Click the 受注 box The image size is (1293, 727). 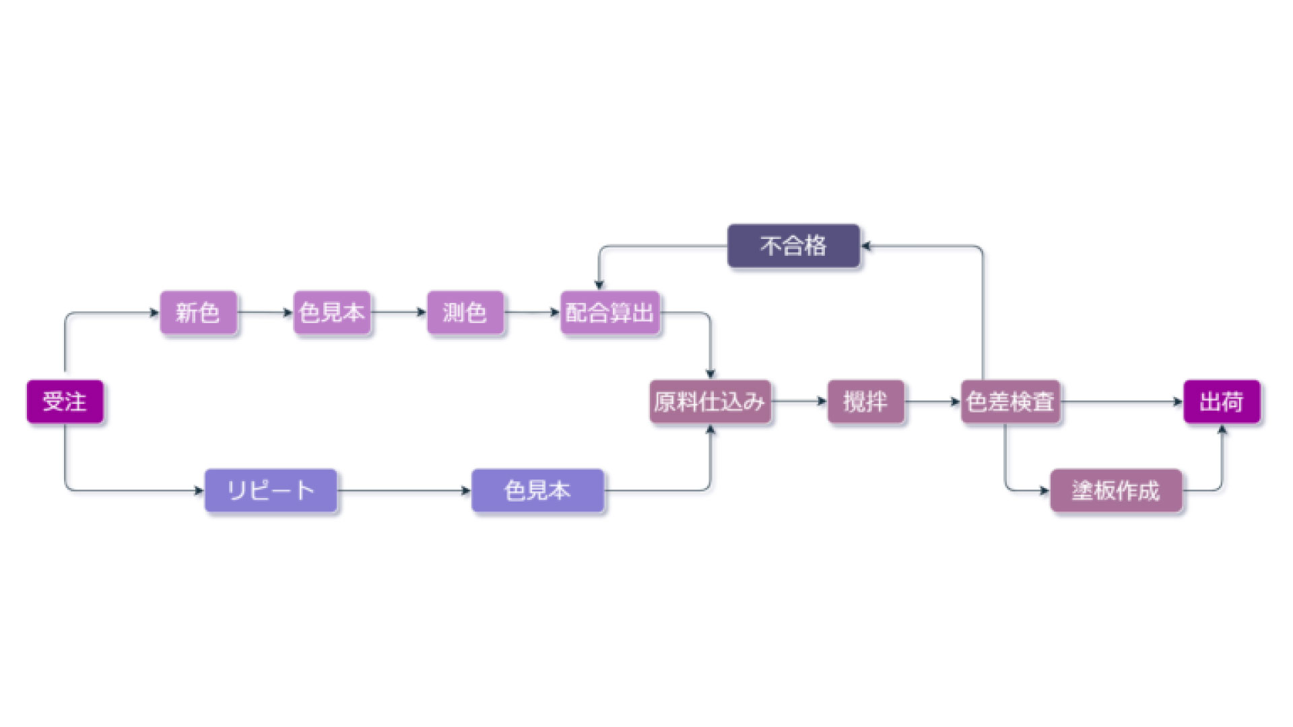[65, 402]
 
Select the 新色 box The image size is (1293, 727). [198, 312]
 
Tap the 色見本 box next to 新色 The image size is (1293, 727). [331, 312]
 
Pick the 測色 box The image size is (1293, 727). [465, 312]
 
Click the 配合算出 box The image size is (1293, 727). [609, 312]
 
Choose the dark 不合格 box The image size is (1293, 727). [793, 246]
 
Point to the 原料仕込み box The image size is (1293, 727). [710, 402]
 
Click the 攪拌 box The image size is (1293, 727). [865, 402]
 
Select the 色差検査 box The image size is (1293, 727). [1010, 402]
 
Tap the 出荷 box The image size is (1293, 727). [1222, 402]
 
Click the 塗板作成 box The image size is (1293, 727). [1116, 491]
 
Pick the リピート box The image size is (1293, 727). [271, 491]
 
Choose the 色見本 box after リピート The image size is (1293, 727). [537, 491]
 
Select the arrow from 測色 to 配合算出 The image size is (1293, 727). [532, 312]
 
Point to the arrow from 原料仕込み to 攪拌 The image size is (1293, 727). [799, 401]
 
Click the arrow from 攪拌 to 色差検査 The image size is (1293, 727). [933, 402]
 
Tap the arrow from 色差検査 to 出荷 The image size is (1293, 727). [1121, 402]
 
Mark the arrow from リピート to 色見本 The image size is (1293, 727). [404, 491]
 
